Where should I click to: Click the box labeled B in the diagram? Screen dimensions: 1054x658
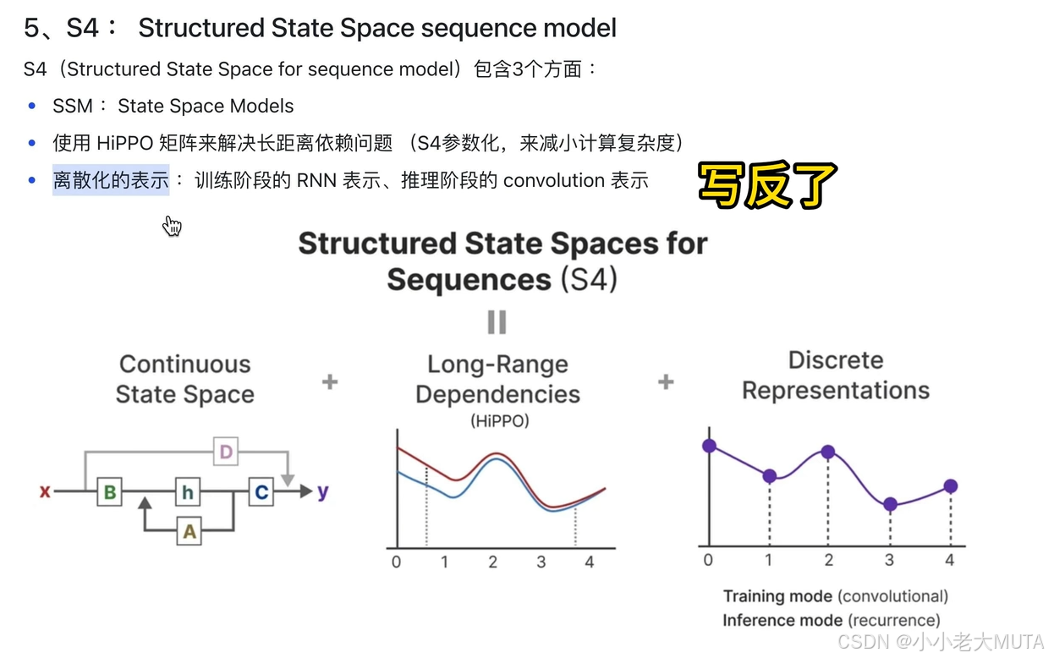[x=109, y=491]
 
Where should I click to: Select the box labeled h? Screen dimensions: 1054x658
[x=188, y=491]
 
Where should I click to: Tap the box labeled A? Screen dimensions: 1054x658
[x=189, y=531]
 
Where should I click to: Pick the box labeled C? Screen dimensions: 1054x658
[x=261, y=491]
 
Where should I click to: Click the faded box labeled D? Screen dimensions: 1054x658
[x=225, y=452]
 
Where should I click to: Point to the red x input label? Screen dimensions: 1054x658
[x=45, y=491]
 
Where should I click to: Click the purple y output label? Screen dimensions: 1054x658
[x=322, y=491]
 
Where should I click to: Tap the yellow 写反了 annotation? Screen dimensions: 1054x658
[x=767, y=185]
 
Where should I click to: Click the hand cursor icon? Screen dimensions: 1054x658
[x=173, y=226]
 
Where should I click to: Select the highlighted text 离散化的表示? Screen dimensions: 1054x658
[x=111, y=180]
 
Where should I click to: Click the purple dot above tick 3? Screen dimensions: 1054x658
[x=890, y=504]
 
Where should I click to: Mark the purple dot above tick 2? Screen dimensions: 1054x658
[x=828, y=452]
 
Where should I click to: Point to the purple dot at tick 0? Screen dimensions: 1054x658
[x=709, y=445]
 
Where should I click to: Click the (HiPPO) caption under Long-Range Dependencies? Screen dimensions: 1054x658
[x=499, y=420]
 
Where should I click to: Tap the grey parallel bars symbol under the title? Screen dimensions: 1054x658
[x=497, y=322]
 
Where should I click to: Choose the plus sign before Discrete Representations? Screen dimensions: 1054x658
[x=666, y=381]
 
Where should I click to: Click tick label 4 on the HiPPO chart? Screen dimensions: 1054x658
[x=590, y=562]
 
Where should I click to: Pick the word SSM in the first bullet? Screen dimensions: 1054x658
[x=72, y=107]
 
